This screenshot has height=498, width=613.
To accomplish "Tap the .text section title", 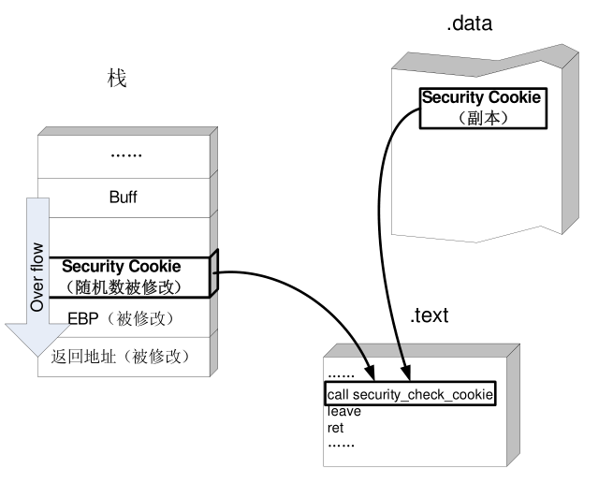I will point(430,315).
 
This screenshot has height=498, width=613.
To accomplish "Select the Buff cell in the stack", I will point(124,197).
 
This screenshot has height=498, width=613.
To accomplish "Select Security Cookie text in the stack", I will point(121,267).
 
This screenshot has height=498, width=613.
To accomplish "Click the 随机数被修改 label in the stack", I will point(121,286).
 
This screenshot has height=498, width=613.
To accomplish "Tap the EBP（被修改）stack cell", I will point(121,318).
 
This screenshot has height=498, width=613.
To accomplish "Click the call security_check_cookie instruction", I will point(410,393).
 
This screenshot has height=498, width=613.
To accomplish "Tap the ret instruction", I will point(336,428).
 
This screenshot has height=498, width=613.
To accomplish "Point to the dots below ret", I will point(341,444).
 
